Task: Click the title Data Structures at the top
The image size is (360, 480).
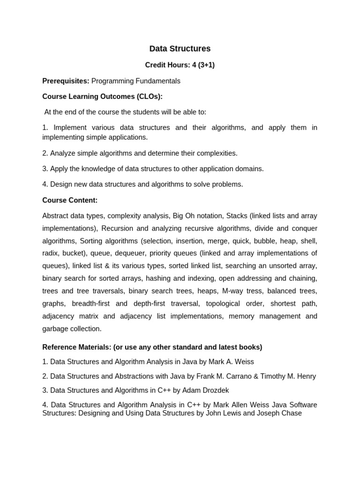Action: (180, 49)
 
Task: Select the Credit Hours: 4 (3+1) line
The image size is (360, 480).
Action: (180, 65)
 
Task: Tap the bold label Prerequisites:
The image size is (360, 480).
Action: (66, 81)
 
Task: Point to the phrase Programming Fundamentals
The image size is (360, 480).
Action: (135, 81)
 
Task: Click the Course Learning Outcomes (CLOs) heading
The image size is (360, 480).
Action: (102, 97)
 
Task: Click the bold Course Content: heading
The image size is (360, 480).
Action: (70, 200)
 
